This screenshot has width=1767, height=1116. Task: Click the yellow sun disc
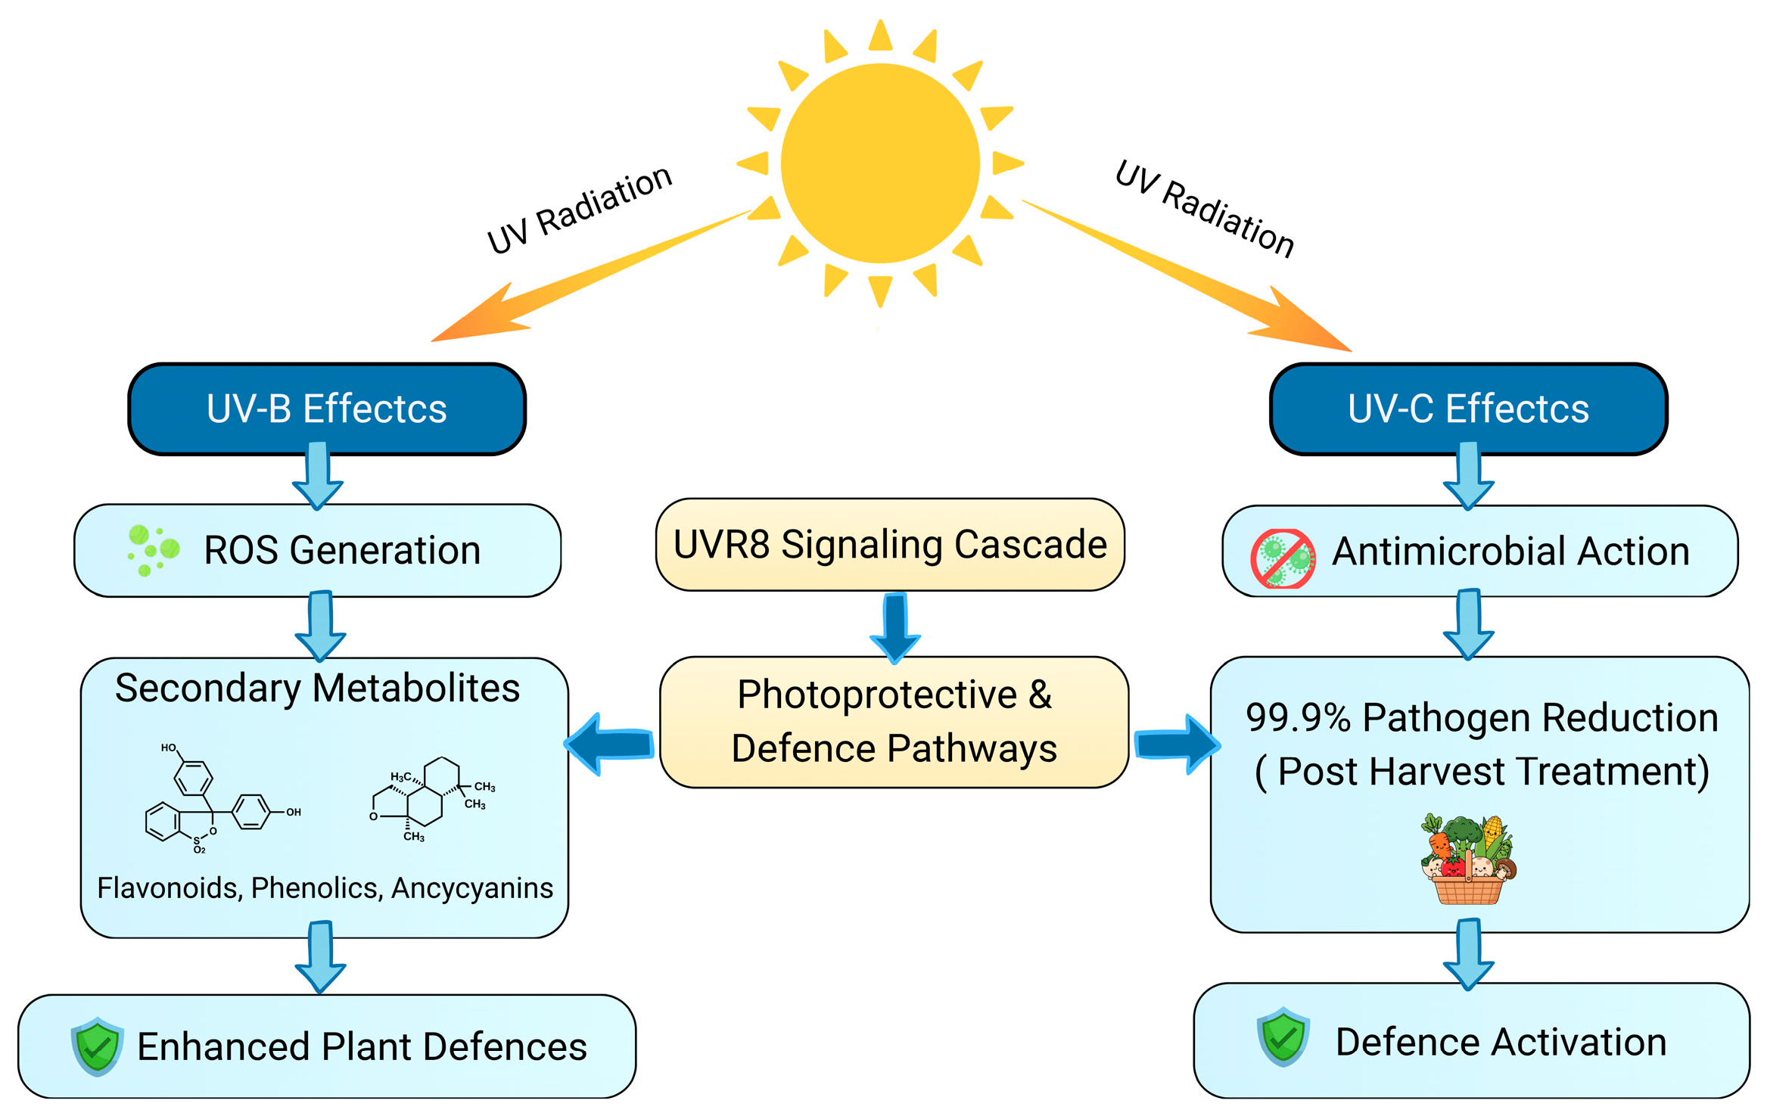pyautogui.click(x=880, y=163)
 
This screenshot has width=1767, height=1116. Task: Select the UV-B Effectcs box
pyautogui.click(x=327, y=409)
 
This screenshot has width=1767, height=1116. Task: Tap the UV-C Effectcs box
pyautogui.click(x=1468, y=409)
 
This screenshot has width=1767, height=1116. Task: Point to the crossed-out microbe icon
pyautogui.click(x=1283, y=558)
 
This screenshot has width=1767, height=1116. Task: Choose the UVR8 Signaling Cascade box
pyautogui.click(x=890, y=545)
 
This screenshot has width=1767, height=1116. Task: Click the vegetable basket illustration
pyautogui.click(x=1468, y=859)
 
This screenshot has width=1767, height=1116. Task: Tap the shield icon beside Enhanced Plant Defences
pyautogui.click(x=97, y=1046)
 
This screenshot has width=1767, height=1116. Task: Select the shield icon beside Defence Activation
pyautogui.click(x=1283, y=1037)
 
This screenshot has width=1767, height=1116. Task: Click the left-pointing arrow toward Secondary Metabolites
pyautogui.click(x=610, y=744)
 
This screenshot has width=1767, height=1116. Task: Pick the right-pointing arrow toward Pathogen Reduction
pyautogui.click(x=1177, y=745)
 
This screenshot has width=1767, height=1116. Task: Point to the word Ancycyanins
pyautogui.click(x=472, y=888)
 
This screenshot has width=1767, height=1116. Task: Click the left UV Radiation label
pyautogui.click(x=579, y=210)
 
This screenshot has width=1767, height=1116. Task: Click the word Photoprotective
pyautogui.click(x=877, y=695)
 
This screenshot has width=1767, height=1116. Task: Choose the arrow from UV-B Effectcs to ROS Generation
pyautogui.click(x=318, y=477)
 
